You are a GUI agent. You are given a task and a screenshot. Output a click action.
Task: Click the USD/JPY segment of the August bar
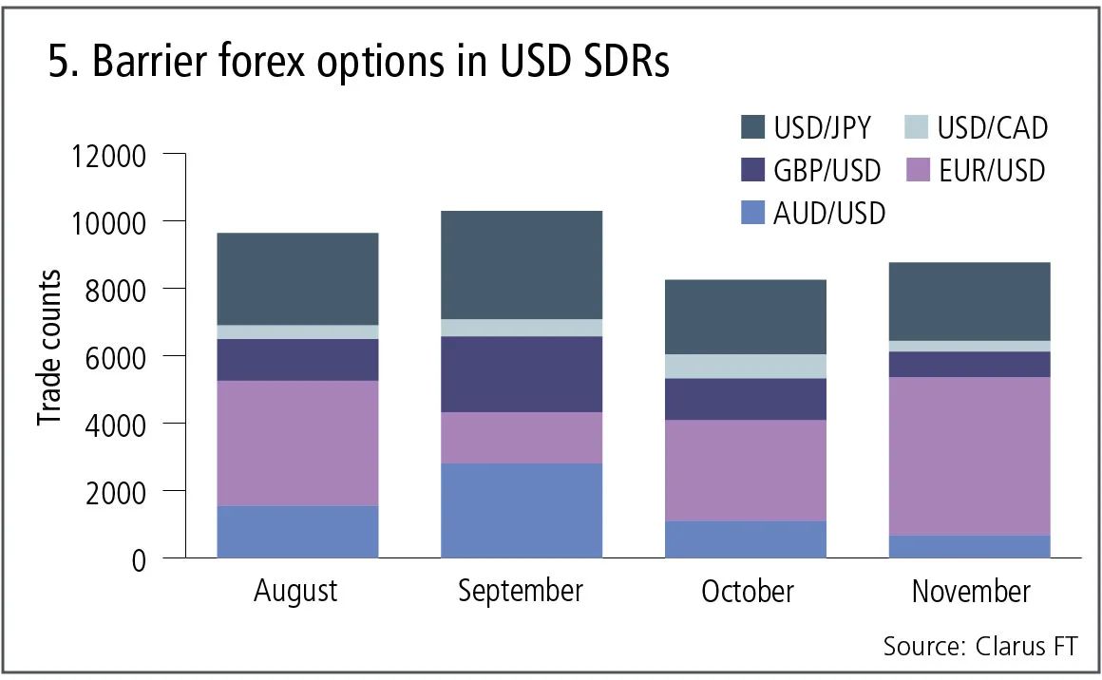297,278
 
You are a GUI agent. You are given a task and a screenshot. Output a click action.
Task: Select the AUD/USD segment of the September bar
521,510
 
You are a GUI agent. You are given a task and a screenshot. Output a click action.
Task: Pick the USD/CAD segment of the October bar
745,366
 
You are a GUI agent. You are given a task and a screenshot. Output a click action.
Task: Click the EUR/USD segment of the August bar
297,443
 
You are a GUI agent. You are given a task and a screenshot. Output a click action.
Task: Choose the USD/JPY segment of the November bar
970,301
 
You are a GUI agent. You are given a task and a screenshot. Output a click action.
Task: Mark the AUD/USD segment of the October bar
745,538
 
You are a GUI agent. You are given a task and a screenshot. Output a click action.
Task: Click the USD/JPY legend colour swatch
751,127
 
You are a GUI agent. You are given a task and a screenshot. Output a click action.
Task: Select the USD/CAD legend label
993,127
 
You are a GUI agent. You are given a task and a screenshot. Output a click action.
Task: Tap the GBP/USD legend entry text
827,170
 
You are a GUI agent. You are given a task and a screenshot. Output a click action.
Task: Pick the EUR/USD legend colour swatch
917,170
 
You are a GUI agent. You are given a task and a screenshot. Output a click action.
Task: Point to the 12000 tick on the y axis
107,154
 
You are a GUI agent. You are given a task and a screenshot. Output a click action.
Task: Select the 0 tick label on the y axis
138,558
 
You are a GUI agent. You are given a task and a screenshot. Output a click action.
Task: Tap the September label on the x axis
521,592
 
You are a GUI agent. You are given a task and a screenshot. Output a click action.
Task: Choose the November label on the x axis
970,592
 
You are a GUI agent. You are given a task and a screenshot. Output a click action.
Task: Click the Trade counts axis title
50,348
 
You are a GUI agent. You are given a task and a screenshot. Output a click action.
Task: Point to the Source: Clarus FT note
980,647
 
